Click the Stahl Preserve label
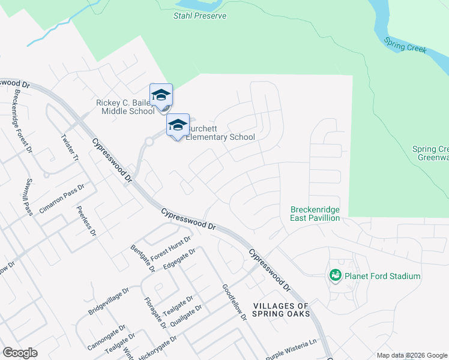coord(200,16)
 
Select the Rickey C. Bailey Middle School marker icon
coord(161,96)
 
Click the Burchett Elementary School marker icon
coord(178,125)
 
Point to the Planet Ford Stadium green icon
coord(335,275)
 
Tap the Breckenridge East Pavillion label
coord(315,214)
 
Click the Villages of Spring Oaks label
coord(281,310)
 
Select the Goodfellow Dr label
coord(235,302)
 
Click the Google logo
coord(20,353)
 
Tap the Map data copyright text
coord(411,355)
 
